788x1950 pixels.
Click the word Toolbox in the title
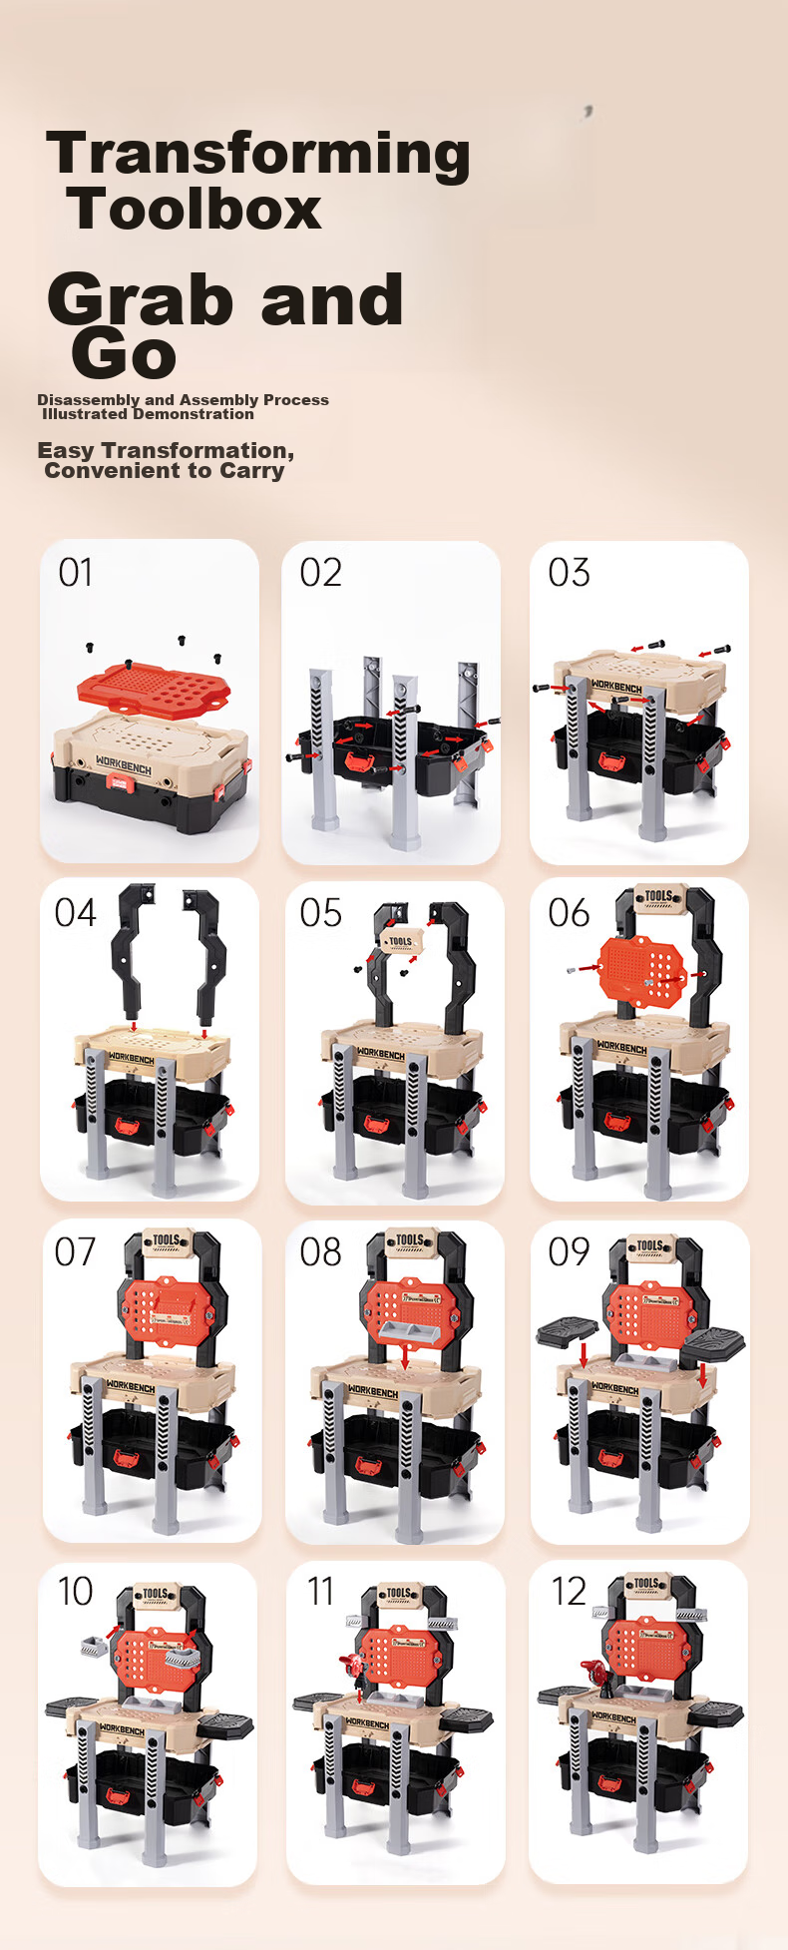tap(195, 209)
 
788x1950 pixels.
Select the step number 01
tap(76, 573)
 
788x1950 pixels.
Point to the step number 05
tap(320, 912)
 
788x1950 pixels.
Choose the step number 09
tap(569, 1251)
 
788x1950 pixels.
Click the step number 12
tap(570, 1591)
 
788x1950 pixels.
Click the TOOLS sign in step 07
tap(166, 1240)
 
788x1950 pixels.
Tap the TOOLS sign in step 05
tap(400, 942)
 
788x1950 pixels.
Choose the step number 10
tap(76, 1591)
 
